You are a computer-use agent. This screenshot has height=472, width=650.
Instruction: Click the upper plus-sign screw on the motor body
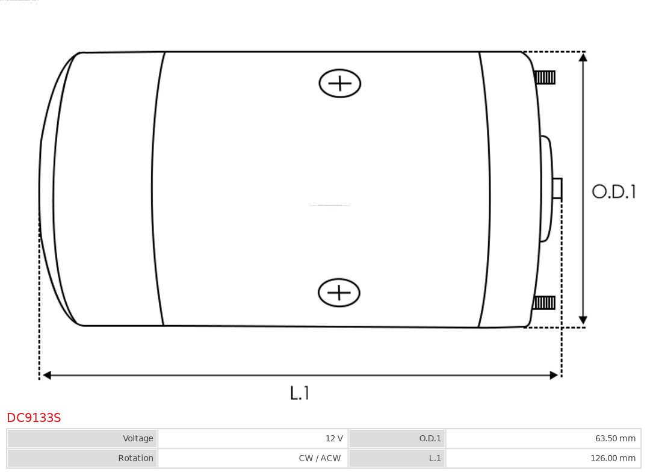(340, 83)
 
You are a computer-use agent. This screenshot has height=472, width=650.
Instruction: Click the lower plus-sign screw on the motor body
(339, 293)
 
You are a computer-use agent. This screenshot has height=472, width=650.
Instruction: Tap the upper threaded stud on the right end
(545, 78)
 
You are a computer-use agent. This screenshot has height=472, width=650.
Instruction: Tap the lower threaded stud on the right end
(544, 303)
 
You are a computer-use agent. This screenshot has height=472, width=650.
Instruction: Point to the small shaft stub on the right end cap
(557, 188)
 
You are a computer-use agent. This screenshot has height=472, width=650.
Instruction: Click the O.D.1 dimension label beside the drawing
(613, 191)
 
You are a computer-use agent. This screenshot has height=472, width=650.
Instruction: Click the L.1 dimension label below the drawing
(299, 393)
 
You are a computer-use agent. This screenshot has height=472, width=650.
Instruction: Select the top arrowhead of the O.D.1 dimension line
(583, 57)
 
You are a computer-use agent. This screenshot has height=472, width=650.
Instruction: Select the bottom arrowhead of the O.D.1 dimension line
(583, 320)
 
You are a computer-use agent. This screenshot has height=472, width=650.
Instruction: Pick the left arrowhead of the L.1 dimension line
(48, 375)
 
